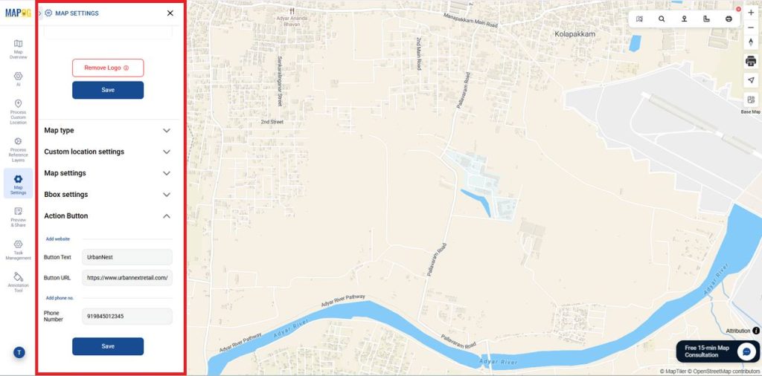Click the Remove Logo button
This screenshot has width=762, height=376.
coord(107,68)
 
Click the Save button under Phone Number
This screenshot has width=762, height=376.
coord(107,346)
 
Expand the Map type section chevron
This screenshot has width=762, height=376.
coord(167,131)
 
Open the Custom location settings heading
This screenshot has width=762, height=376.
coord(84,152)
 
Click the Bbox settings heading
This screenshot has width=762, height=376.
coord(66,195)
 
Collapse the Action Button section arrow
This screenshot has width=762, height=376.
coord(167,216)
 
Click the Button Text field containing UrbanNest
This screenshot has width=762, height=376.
coord(127,257)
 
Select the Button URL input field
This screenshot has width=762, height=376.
coord(127,278)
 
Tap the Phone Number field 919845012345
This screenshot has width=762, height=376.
coord(127,317)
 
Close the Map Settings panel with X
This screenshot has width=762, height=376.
coord(170,13)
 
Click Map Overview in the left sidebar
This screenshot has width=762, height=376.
coord(18,49)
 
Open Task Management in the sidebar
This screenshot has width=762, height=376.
coord(18,249)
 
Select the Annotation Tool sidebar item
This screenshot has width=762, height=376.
coord(18,281)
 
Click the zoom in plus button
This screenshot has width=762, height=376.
coord(751,13)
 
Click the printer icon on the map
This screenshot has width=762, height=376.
coord(751,60)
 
